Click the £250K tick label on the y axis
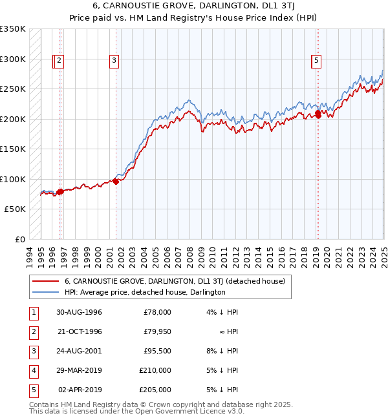coord(13,89)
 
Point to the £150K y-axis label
coord(13,149)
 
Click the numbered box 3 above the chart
coord(114,61)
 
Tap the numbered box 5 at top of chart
coord(316,61)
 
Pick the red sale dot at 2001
coord(116,182)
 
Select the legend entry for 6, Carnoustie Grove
coord(178,281)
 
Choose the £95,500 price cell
coord(157,351)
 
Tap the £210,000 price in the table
coord(155,370)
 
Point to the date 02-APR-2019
coord(79,390)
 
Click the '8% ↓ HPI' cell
coord(222,351)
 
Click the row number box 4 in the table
coord(32,370)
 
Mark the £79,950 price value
coord(157,331)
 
